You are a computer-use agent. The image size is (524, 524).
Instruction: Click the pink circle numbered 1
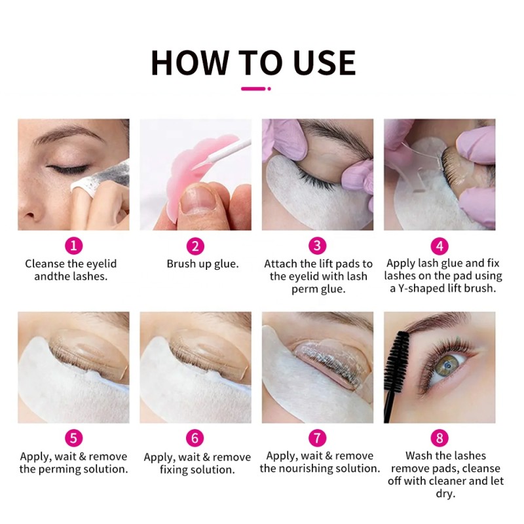coord(74,246)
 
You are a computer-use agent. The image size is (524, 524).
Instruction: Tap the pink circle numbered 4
coord(440,246)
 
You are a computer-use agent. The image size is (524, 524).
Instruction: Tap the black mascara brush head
coord(397,357)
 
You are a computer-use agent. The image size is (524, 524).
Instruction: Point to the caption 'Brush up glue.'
coord(202,264)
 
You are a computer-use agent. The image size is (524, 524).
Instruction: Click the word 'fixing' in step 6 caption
coord(176,470)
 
